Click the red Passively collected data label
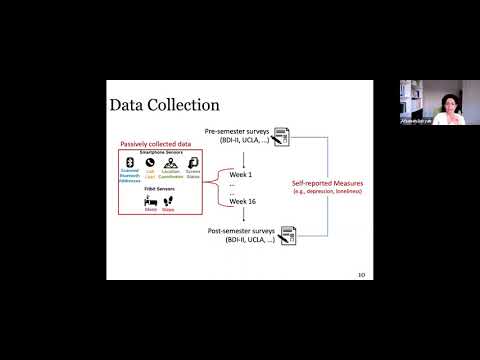pyautogui.click(x=159, y=143)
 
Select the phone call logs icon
pyautogui.click(x=150, y=162)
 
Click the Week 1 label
pyautogui.click(x=243, y=173)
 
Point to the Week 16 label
pyautogui.click(x=245, y=200)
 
